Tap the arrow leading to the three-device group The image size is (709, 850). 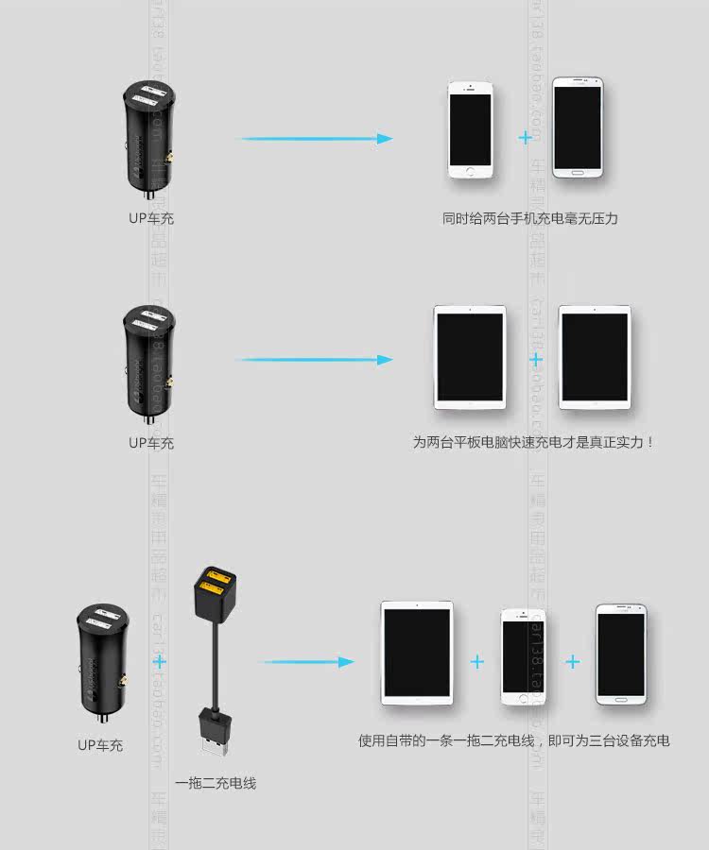tap(307, 662)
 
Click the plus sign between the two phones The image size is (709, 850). tap(526, 138)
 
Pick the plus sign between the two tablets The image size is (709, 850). tap(536, 360)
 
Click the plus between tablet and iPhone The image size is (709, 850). tap(477, 662)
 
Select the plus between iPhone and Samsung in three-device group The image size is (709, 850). tap(573, 662)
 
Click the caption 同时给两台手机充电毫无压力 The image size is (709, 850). tap(529, 219)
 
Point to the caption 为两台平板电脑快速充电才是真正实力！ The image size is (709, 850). tap(533, 441)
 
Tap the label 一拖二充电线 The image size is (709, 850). tap(216, 783)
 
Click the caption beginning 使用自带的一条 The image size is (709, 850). tap(513, 740)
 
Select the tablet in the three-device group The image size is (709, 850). tap(418, 654)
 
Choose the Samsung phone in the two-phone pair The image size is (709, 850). tap(579, 128)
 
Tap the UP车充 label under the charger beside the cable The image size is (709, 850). tap(100, 745)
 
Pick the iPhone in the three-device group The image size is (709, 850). tap(523, 657)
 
